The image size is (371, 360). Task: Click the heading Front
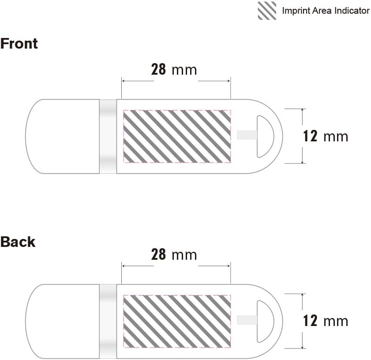click(19, 44)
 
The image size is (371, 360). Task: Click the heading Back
click(18, 242)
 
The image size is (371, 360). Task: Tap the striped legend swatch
click(267, 11)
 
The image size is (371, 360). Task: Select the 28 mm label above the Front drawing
click(174, 70)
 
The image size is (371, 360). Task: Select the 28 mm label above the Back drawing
click(174, 255)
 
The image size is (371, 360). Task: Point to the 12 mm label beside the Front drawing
click(326, 136)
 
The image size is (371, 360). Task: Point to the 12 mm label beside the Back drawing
click(326, 321)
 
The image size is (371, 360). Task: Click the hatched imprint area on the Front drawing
click(176, 136)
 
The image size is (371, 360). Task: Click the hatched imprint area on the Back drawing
click(176, 321)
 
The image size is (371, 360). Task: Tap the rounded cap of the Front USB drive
click(62, 136)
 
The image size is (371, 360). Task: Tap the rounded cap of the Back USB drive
click(62, 321)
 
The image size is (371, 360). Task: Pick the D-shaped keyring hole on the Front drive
click(264, 136)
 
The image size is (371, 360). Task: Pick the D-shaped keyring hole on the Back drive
click(264, 321)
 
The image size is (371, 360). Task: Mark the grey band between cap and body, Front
click(108, 136)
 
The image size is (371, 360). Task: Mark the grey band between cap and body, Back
click(108, 321)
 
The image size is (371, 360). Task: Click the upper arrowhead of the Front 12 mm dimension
click(302, 110)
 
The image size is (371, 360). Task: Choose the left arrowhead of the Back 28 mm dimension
click(124, 266)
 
